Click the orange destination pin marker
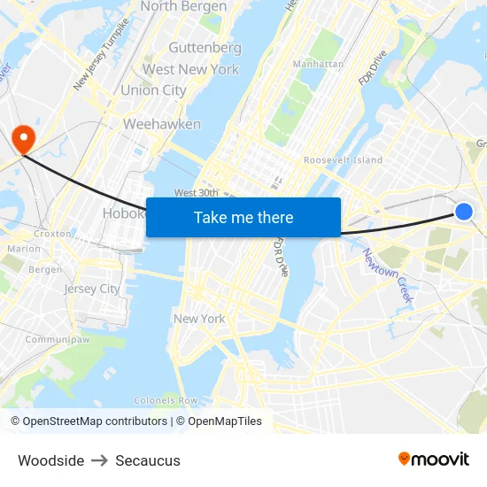pyautogui.click(x=22, y=138)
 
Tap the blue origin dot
pyautogui.click(x=464, y=211)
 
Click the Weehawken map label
pyautogui.click(x=162, y=124)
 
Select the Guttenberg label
pyautogui.click(x=205, y=47)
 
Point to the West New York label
pyautogui.click(x=190, y=69)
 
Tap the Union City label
pyautogui.click(x=153, y=90)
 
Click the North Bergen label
pyautogui.click(x=183, y=6)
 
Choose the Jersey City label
pyautogui.click(x=91, y=289)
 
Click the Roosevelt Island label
pyautogui.click(x=343, y=159)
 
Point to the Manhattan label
pyautogui.click(x=318, y=64)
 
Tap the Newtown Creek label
pyautogui.click(x=388, y=274)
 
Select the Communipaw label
pyautogui.click(x=58, y=339)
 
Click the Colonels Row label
pyautogui.click(x=166, y=400)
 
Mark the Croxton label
pyautogui.click(x=52, y=234)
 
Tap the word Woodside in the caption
pyautogui.click(x=50, y=460)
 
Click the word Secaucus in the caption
pyautogui.click(x=148, y=460)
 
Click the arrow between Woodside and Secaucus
pyautogui.click(x=99, y=460)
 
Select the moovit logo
pyautogui.click(x=433, y=459)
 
